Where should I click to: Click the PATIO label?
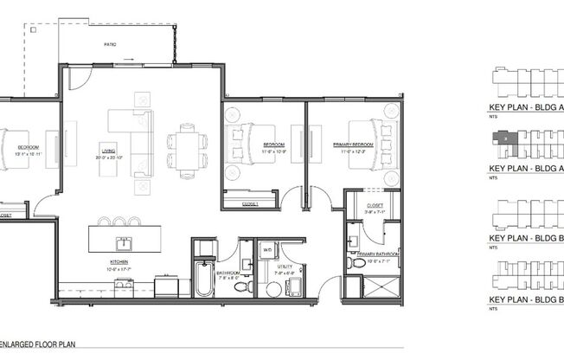(x=110, y=43)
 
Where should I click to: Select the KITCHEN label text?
(x=119, y=260)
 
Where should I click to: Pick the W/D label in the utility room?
(x=268, y=250)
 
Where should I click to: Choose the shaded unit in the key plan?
(x=501, y=137)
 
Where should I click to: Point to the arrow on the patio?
(x=128, y=60)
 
